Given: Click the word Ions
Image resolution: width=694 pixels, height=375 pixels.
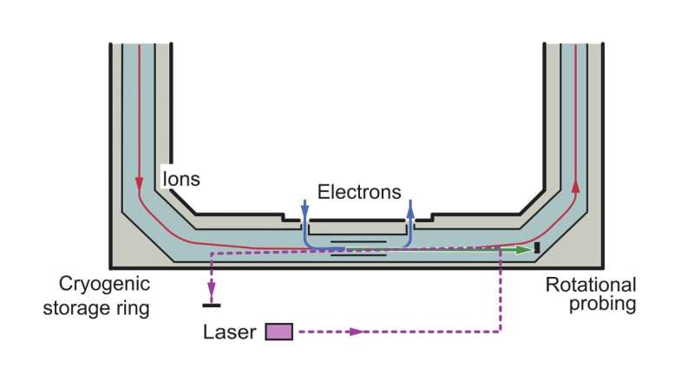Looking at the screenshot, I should [x=181, y=179].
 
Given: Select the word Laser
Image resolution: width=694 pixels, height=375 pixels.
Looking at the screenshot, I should [x=230, y=332].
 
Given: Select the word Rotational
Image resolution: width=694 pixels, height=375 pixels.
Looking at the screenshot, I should [x=590, y=285].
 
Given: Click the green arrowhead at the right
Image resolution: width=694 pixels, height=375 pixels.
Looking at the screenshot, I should [x=524, y=249].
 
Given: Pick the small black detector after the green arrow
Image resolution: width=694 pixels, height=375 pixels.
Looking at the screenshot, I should [x=537, y=248].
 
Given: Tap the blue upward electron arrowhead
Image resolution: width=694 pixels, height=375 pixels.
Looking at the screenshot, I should [x=410, y=205].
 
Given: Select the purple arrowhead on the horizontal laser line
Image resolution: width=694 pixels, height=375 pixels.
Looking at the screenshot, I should [x=354, y=332].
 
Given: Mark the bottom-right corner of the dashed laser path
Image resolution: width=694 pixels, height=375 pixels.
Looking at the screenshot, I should [x=501, y=332].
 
